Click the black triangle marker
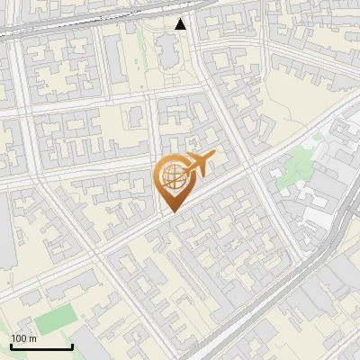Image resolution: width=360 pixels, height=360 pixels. [181, 24]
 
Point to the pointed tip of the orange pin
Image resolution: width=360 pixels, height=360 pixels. [171, 211]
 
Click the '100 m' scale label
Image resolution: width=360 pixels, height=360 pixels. [23, 338]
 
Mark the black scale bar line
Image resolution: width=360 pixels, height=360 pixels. [41, 347]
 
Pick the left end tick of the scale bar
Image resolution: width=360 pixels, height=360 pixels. [11, 346]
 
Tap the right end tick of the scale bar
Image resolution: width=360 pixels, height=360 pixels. [72, 346]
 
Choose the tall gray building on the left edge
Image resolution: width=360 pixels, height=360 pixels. [7, 243]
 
